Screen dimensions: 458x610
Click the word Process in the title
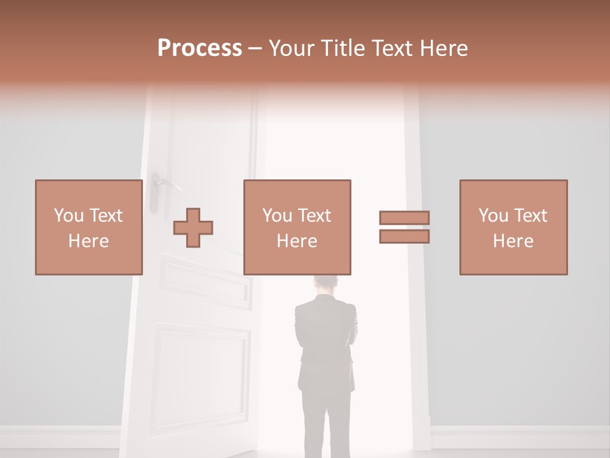(200, 48)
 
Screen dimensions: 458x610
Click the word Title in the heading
(341, 48)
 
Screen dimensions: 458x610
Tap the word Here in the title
(444, 48)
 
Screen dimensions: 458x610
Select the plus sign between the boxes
(193, 228)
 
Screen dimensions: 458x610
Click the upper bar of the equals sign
(404, 218)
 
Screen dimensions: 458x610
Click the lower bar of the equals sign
(404, 237)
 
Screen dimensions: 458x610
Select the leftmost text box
(88, 227)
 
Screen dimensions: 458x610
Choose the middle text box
(297, 227)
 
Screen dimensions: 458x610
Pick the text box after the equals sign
(513, 227)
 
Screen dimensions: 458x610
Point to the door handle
(166, 184)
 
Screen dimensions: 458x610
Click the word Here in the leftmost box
(88, 241)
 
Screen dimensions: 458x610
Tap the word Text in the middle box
(315, 216)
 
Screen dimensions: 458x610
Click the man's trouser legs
(324, 420)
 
